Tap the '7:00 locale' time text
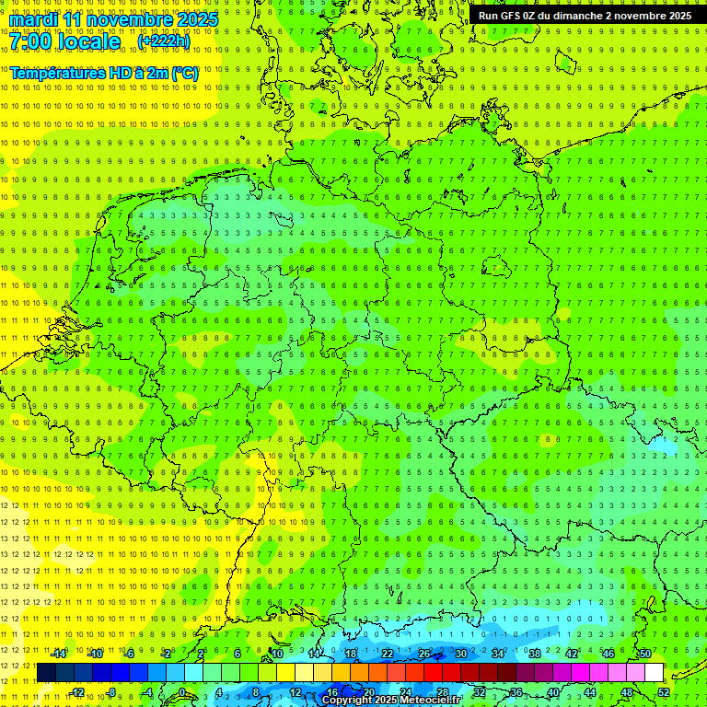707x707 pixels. [65, 41]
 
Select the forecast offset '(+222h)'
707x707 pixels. [164, 41]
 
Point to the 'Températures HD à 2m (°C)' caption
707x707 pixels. [104, 72]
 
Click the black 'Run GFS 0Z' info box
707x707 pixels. [585, 16]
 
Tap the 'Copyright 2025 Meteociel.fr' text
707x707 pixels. [391, 701]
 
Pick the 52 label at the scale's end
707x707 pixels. [664, 692]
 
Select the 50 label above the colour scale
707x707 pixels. [644, 654]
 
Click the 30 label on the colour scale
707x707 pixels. [460, 654]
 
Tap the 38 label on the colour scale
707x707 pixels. [534, 654]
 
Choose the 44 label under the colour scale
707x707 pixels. [590, 692]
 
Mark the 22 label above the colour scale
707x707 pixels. [387, 654]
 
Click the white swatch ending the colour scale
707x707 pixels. [654, 673]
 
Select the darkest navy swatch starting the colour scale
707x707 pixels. [46, 673]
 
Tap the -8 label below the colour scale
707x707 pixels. [112, 692]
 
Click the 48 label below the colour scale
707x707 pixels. [627, 692]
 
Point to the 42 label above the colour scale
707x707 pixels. [571, 654]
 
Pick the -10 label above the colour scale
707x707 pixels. [94, 654]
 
